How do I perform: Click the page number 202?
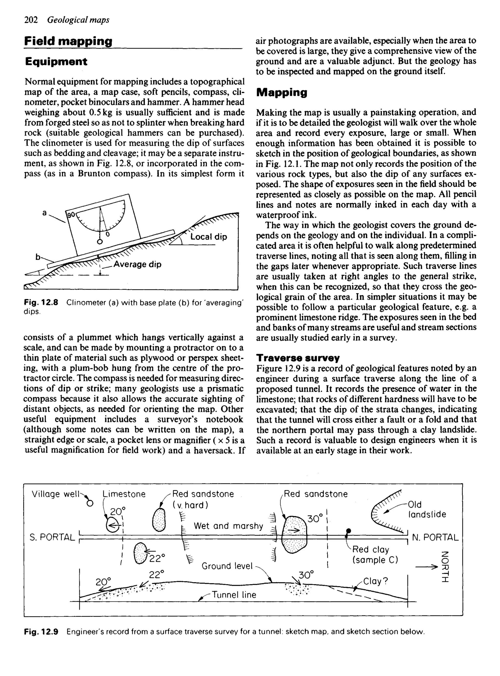(31, 20)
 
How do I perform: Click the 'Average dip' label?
(137, 264)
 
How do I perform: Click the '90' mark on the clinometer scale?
(71, 215)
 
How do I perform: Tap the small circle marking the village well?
(90, 503)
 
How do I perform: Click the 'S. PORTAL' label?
(52, 537)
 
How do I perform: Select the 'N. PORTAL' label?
(436, 537)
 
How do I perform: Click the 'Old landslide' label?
(427, 509)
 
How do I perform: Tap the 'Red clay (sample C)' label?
(375, 554)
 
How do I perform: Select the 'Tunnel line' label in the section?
(234, 595)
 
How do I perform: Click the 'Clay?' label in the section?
(375, 581)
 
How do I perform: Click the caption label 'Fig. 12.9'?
(41, 632)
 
